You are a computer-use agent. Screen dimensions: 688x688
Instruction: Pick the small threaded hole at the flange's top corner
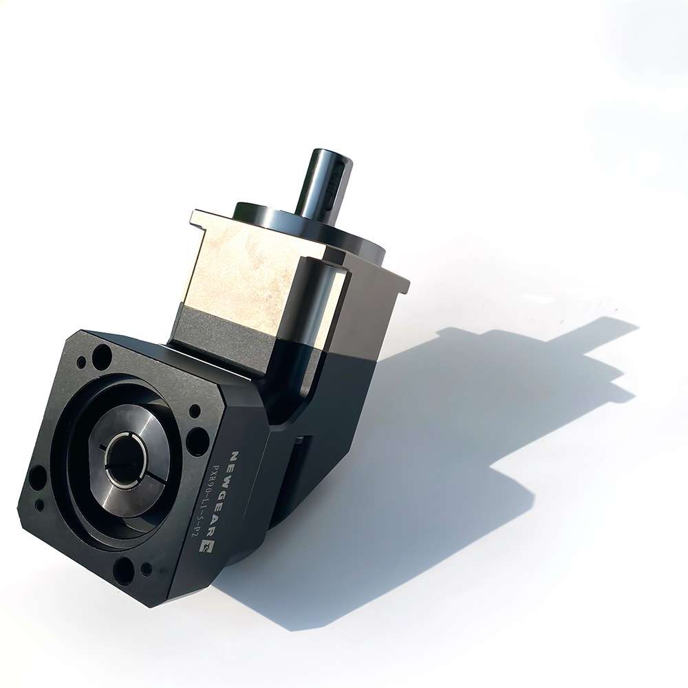pos(81,363)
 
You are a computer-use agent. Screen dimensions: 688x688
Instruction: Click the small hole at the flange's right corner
pos(193,411)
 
